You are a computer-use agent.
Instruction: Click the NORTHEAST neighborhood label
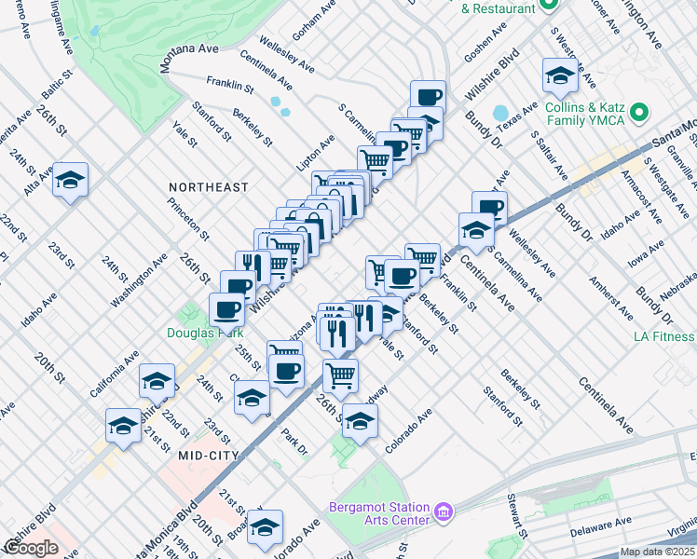point(209,187)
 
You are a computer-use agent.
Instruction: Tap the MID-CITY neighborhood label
point(204,456)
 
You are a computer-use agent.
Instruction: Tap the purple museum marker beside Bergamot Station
point(444,512)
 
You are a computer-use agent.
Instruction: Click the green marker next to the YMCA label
point(638,114)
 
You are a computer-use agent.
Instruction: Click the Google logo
point(30,548)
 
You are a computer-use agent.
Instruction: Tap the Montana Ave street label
point(189,59)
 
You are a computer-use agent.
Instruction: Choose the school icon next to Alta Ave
point(70,182)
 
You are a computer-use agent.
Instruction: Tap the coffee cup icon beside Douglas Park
point(226,308)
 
